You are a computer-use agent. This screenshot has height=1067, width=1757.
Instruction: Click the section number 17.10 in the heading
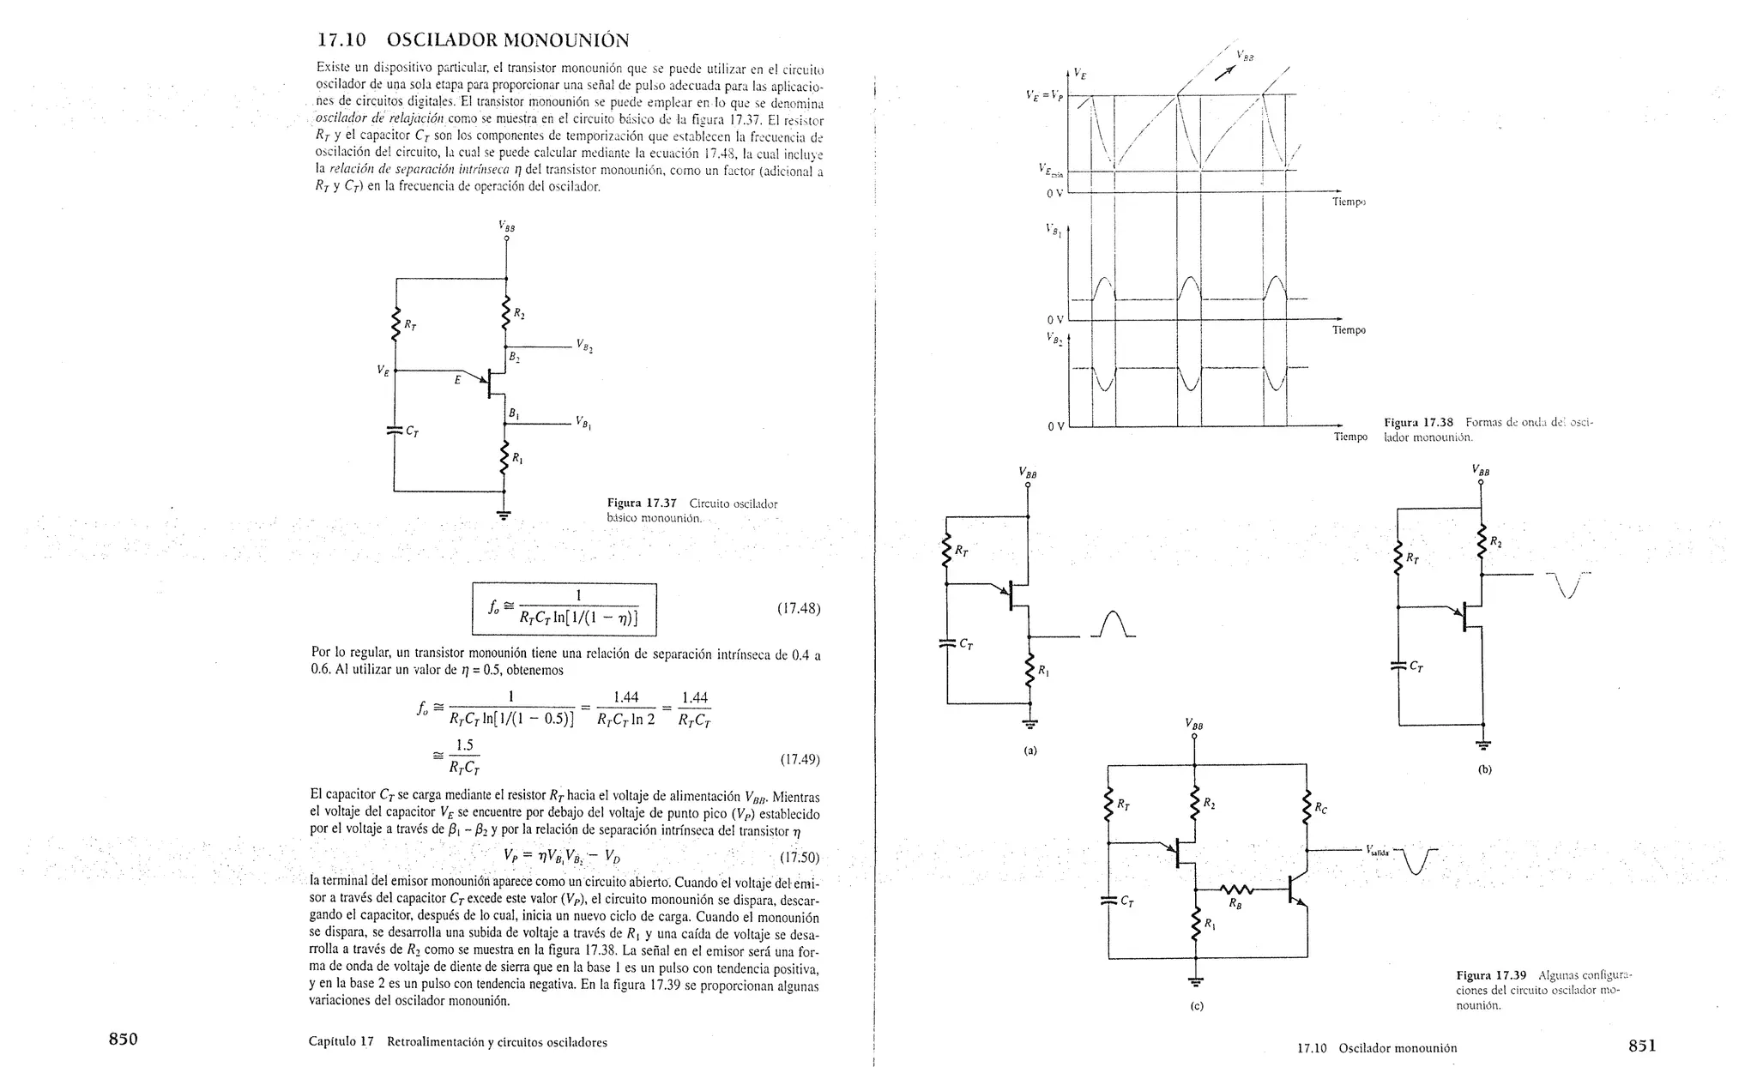pyautogui.click(x=341, y=40)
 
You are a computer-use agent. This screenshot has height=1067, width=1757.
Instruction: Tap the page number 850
pyautogui.click(x=123, y=1040)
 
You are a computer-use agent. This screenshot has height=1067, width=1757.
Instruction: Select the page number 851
pyautogui.click(x=1642, y=1046)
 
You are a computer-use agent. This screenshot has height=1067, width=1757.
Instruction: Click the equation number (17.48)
pyautogui.click(x=798, y=609)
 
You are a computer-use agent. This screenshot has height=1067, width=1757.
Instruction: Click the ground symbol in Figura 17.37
pyautogui.click(x=504, y=515)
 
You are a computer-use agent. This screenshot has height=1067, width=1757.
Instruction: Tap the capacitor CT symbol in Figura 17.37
pyautogui.click(x=395, y=431)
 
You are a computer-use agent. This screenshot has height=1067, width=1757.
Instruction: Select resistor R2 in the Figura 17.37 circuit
pyautogui.click(x=506, y=313)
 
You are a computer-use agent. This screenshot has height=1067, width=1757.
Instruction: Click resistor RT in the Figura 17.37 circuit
pyautogui.click(x=396, y=326)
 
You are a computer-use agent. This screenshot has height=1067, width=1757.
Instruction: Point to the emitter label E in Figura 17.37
pyautogui.click(x=457, y=379)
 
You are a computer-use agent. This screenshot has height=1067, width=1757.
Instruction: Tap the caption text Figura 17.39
pyautogui.click(x=1491, y=975)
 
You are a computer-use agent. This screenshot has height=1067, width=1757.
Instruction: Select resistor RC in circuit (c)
pyautogui.click(x=1307, y=808)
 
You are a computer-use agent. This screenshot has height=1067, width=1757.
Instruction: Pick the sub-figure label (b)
pyautogui.click(x=1484, y=769)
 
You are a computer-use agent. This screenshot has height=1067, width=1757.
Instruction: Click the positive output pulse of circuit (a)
pyautogui.click(x=1113, y=624)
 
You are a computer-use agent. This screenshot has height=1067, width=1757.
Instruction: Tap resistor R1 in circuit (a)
pyautogui.click(x=1029, y=672)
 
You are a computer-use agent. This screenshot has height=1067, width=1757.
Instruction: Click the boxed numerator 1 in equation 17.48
pyautogui.click(x=578, y=595)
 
